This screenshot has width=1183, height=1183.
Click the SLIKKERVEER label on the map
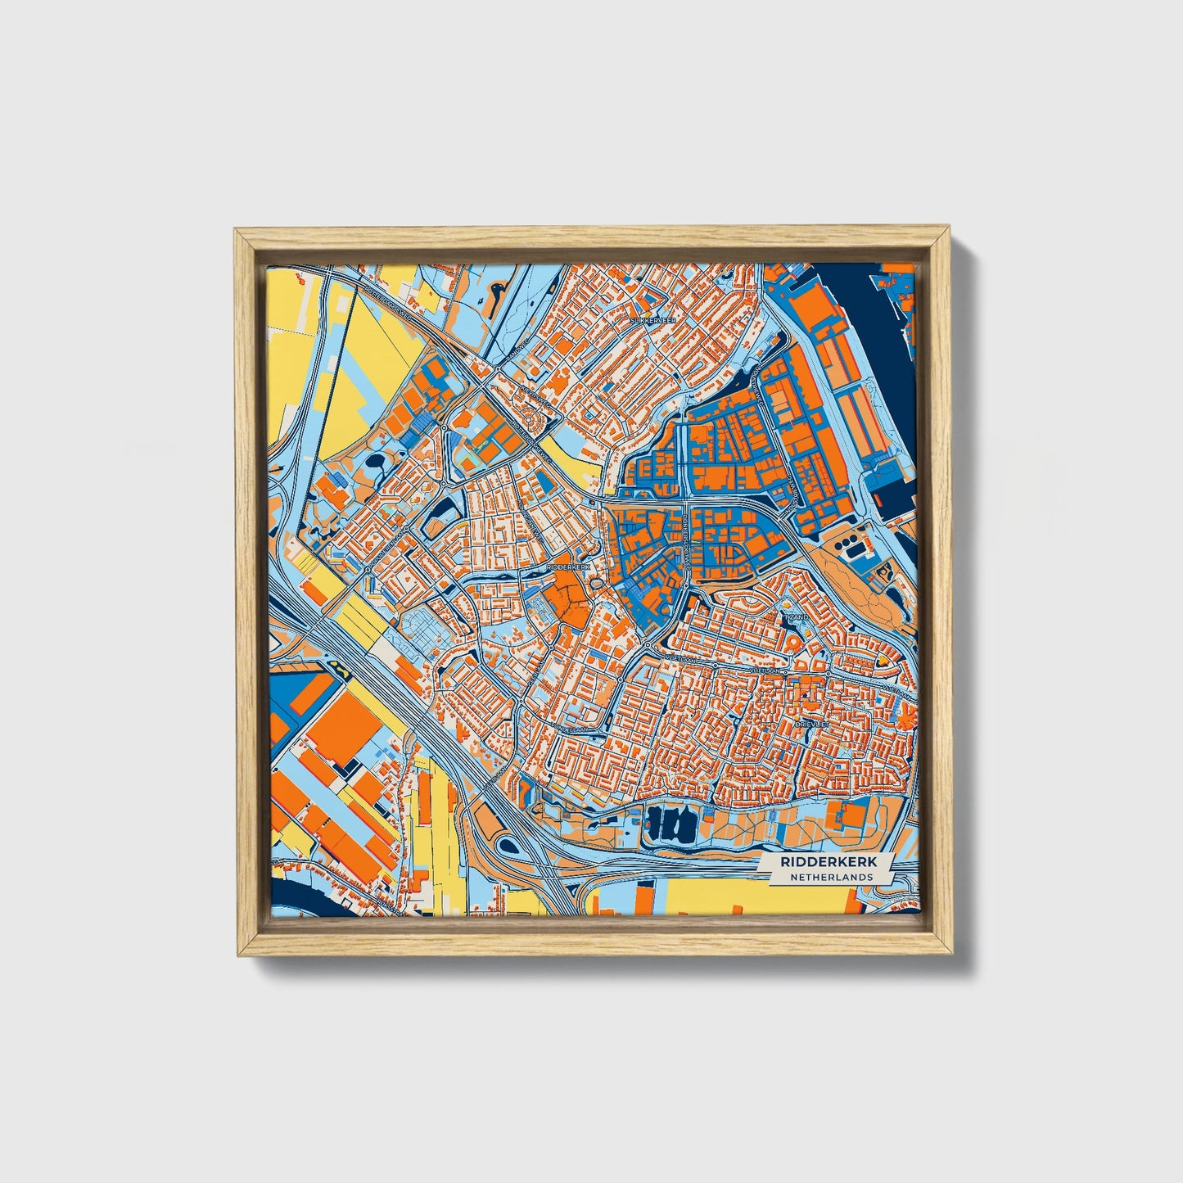click(x=652, y=322)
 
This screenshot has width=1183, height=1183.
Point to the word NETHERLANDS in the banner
click(x=831, y=877)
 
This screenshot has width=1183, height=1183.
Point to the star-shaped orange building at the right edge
click(x=906, y=720)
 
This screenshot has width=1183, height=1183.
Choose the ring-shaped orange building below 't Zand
click(x=792, y=643)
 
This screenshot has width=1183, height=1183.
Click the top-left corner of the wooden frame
click(x=237, y=231)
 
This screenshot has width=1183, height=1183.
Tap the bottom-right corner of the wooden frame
click(x=951, y=953)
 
